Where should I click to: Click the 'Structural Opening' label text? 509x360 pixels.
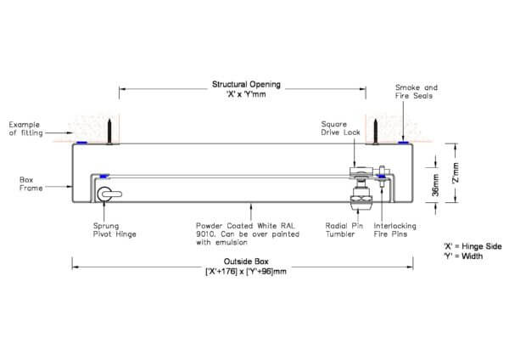(246, 85)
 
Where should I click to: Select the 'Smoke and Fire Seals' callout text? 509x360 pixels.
(417, 91)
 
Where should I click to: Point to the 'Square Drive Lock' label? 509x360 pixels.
(341, 128)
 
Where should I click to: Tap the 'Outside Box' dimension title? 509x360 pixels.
(246, 261)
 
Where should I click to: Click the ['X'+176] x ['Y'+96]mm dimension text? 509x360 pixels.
(246, 271)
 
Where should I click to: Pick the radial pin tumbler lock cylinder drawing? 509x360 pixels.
(361, 204)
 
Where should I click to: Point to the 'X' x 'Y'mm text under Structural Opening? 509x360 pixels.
(246, 95)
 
